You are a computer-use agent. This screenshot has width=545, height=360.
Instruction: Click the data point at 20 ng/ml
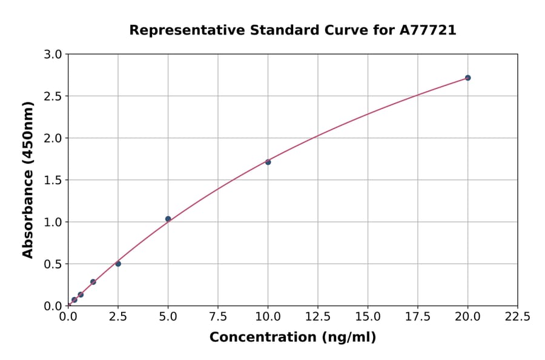(467, 78)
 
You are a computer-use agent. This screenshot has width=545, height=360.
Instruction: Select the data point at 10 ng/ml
(268, 162)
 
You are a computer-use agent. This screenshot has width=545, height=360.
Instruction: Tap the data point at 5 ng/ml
(168, 219)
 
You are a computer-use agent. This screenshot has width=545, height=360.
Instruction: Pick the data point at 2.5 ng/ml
(118, 264)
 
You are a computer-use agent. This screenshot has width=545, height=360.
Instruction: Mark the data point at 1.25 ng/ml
(93, 282)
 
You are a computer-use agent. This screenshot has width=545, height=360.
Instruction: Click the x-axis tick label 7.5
(218, 316)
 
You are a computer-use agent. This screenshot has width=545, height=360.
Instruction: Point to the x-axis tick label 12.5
(318, 316)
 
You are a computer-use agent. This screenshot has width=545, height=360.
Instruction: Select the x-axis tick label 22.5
(518, 316)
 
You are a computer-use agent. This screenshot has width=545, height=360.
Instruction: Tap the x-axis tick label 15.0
(368, 316)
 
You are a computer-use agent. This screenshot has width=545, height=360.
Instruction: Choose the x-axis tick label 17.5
(418, 316)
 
